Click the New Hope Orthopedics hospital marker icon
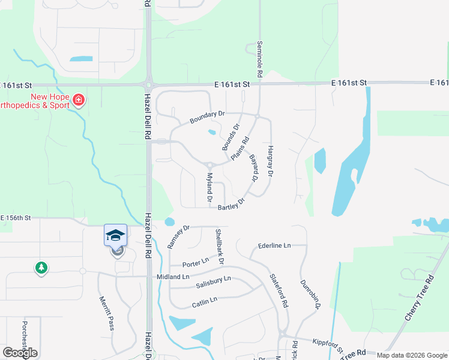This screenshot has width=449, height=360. [79, 99]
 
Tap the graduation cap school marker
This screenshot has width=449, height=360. [116, 235]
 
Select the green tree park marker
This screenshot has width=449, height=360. [41, 268]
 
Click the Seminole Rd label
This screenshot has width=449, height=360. [260, 60]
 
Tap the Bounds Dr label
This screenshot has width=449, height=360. [230, 137]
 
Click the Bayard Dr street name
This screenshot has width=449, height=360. [253, 169]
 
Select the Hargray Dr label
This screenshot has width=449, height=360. [270, 161]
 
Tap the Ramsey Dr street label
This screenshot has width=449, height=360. [178, 236]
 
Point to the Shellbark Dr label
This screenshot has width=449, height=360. [219, 247]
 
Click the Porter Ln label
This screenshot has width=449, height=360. [196, 262]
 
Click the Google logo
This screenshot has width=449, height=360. [20, 352]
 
